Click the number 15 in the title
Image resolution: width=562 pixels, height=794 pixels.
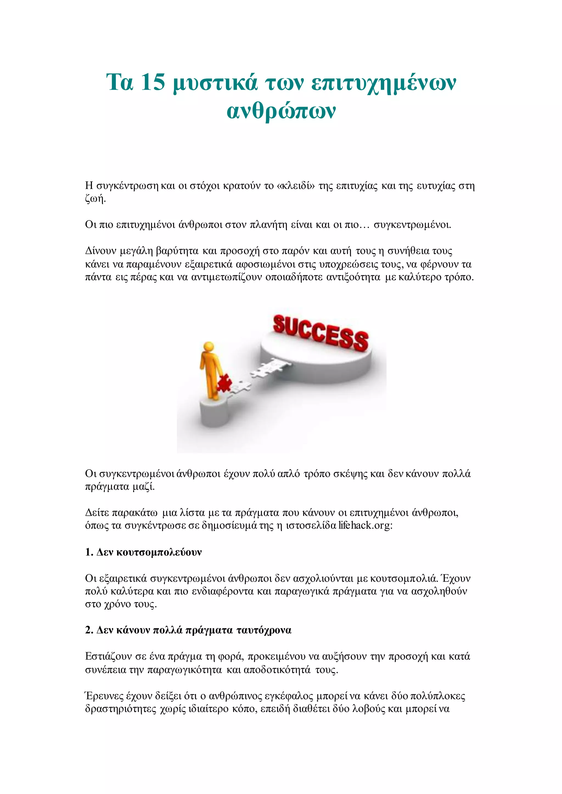pos(153,82)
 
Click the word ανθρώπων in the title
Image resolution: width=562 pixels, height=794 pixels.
pos(281,111)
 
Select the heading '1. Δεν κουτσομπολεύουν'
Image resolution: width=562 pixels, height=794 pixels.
pos(143,552)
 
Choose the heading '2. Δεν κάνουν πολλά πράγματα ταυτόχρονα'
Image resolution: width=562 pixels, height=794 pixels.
pos(188,630)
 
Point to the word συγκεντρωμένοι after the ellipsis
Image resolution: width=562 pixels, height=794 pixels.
pos(412,225)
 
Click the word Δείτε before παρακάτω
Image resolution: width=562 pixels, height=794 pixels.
pos(97,512)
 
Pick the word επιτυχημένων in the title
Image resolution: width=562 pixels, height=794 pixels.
pos(383,83)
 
